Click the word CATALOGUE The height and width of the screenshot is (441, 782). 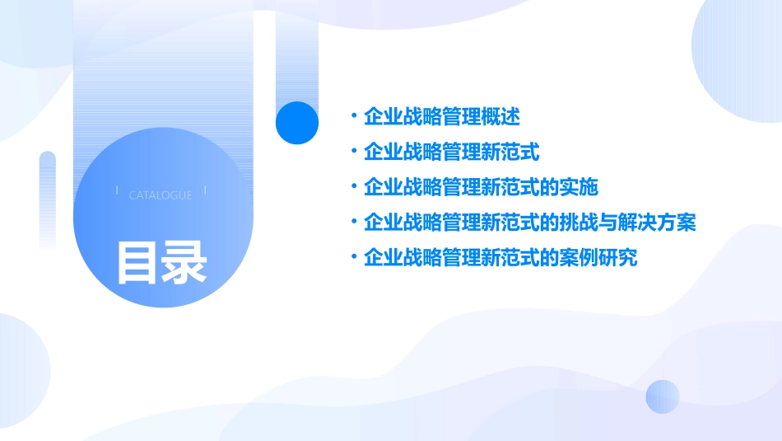coord(161,195)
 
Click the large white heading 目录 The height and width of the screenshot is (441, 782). coord(161,262)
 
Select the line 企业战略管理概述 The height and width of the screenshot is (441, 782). coord(442,117)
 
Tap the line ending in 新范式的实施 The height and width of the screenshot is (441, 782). coord(481,187)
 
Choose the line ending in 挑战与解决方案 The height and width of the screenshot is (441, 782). coord(530,223)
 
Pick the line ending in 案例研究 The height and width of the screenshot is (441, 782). coord(500,258)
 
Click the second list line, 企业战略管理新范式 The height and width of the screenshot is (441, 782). coord(452,152)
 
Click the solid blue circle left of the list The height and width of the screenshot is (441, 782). coord(297,123)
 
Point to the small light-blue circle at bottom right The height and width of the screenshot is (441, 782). coord(663,396)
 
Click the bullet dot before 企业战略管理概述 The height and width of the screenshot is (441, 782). coord(353,117)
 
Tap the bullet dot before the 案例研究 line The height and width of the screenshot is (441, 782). coord(353,258)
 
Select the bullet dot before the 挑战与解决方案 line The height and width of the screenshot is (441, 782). coord(353,223)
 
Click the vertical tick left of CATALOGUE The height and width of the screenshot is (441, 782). coord(117,190)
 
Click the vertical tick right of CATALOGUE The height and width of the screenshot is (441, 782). coord(205,190)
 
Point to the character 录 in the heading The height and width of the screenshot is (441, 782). coord(184,262)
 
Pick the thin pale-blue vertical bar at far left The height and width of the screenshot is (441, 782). coord(47,198)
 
